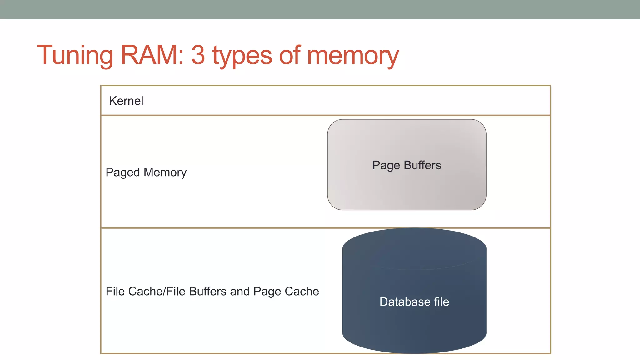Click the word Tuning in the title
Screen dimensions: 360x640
pos(75,56)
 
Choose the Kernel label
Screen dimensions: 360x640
pos(126,101)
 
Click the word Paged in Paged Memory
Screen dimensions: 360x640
pos(122,172)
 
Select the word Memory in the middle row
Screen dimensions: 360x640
pos(165,172)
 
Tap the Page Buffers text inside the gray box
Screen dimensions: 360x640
pos(407,165)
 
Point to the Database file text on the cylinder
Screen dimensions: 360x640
pos(414,302)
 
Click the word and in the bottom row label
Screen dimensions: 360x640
pos(240,291)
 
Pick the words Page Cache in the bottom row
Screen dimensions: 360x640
pos(286,291)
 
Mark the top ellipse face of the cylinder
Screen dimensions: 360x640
pos(414,248)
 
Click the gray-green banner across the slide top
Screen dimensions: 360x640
pos(320,9)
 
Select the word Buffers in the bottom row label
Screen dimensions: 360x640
pos(207,291)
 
